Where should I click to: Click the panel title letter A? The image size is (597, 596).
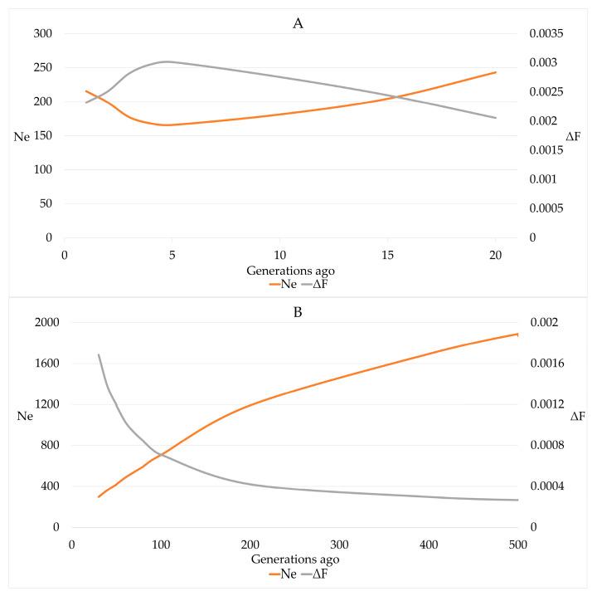[x=298, y=23]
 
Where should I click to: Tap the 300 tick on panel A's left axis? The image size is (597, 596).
[x=41, y=34]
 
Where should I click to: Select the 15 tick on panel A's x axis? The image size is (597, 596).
[x=387, y=254]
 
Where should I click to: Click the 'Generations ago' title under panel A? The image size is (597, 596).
[x=279, y=270]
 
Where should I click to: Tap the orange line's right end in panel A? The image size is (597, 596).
[x=496, y=72]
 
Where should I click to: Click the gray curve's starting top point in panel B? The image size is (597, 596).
[x=99, y=354]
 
